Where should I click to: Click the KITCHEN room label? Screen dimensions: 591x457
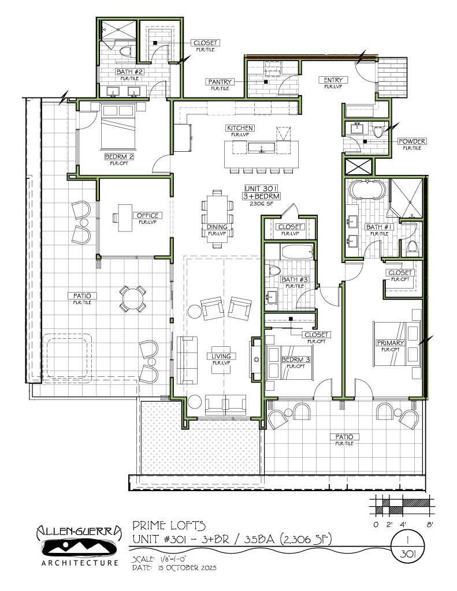(x=240, y=128)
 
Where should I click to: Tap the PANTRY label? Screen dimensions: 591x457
(x=220, y=82)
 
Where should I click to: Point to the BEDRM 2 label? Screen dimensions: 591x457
(x=119, y=156)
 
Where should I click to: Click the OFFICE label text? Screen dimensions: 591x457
(x=147, y=215)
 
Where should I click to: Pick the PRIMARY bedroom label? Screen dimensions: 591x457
(x=390, y=343)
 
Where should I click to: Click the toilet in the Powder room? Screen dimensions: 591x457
(x=379, y=132)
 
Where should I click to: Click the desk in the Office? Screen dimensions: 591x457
(x=125, y=218)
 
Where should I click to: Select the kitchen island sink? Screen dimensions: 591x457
(x=263, y=149)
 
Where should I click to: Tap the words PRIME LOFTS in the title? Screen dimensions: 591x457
(x=169, y=525)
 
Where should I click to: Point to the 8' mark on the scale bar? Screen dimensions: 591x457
(x=429, y=525)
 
